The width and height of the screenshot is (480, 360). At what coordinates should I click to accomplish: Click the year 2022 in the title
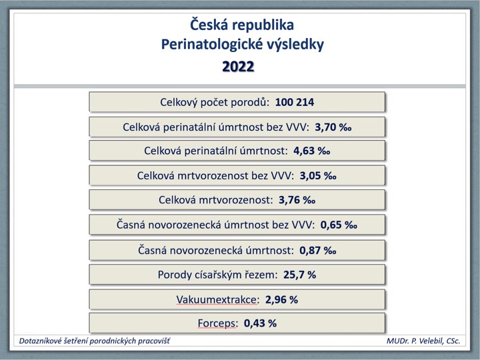point(238,67)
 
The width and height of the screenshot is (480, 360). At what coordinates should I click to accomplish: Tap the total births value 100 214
point(295,102)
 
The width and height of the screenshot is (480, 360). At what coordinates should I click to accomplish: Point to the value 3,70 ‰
point(333,127)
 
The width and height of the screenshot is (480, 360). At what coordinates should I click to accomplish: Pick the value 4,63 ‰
point(311,151)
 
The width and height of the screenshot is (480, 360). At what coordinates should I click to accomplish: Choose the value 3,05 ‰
point(318,176)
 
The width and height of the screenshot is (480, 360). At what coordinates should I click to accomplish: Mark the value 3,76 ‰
point(297,200)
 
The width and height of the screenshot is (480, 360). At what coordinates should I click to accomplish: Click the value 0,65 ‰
point(339,225)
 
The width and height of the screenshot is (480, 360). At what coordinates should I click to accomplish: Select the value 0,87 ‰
point(318,251)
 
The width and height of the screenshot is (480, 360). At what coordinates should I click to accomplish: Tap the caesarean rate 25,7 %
point(300,275)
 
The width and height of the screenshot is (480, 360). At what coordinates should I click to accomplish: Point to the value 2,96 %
point(281,299)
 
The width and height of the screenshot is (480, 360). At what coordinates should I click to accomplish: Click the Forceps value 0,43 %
point(260,323)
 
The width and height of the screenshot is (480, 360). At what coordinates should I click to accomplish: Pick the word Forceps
point(217,323)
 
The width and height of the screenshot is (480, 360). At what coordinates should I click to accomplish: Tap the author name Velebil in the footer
point(428,341)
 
